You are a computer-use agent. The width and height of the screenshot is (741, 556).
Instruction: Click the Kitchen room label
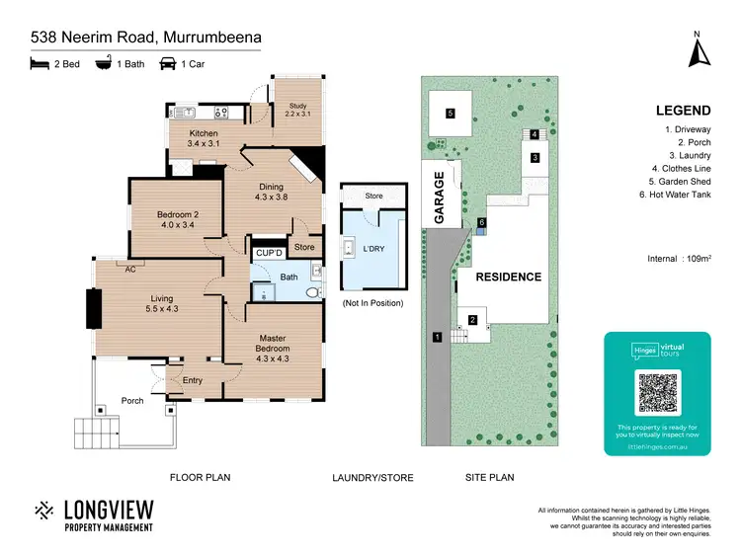pos(204,139)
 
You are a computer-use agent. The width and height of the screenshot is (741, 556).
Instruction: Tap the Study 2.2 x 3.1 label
pos(297,111)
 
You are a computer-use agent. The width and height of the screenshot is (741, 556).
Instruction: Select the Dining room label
pos(271,192)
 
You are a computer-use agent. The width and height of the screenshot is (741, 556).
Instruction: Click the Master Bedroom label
pos(273,343)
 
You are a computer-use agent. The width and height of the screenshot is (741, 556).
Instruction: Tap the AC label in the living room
pos(129,267)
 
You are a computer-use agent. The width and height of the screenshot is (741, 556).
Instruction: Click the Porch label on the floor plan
pos(132,401)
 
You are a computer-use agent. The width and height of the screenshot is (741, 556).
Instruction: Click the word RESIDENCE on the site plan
pos(510,277)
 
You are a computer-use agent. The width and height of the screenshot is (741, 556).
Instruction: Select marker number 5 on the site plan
pos(450,114)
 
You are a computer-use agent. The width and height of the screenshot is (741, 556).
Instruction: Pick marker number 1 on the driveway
pos(437,338)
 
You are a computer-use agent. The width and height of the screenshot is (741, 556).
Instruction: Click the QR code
pos(657,393)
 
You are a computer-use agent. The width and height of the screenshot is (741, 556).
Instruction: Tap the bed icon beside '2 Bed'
pos(40,64)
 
